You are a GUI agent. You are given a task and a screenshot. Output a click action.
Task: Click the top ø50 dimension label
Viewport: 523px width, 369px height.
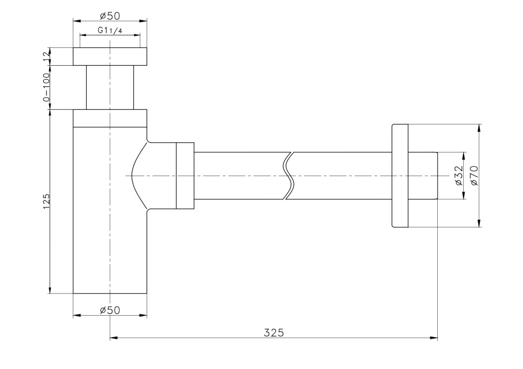coord(110,16)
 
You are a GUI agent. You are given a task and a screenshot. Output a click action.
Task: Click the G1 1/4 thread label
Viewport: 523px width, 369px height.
coord(110,30)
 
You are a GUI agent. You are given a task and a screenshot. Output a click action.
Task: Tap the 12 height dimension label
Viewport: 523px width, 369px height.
coord(46,56)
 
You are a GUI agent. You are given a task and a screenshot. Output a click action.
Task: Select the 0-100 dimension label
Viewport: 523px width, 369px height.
coord(46,87)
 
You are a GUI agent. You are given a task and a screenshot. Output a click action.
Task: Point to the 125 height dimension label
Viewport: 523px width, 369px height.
coord(46,201)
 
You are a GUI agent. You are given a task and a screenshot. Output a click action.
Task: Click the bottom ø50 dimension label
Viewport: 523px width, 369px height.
coord(110,310)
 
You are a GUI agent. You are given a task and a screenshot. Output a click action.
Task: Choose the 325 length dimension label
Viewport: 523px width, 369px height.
coord(274,332)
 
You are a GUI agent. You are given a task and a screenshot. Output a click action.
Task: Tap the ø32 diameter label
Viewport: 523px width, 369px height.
coord(459,176)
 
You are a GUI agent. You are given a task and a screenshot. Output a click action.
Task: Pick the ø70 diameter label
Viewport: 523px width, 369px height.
coord(473,176)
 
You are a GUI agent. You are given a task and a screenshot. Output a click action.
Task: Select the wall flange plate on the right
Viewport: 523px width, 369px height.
coord(400,176)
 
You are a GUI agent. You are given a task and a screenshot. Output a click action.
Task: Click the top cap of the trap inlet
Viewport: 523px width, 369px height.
coord(110,57)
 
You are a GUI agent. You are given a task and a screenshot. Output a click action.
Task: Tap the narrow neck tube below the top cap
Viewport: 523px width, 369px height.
coord(110,87)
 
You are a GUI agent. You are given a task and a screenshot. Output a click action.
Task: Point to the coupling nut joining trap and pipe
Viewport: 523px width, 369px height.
coord(185,176)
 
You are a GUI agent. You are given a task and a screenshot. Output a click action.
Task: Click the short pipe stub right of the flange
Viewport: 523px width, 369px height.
coord(423,176)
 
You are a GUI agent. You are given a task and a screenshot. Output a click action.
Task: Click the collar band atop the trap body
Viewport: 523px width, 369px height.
coord(110,119)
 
